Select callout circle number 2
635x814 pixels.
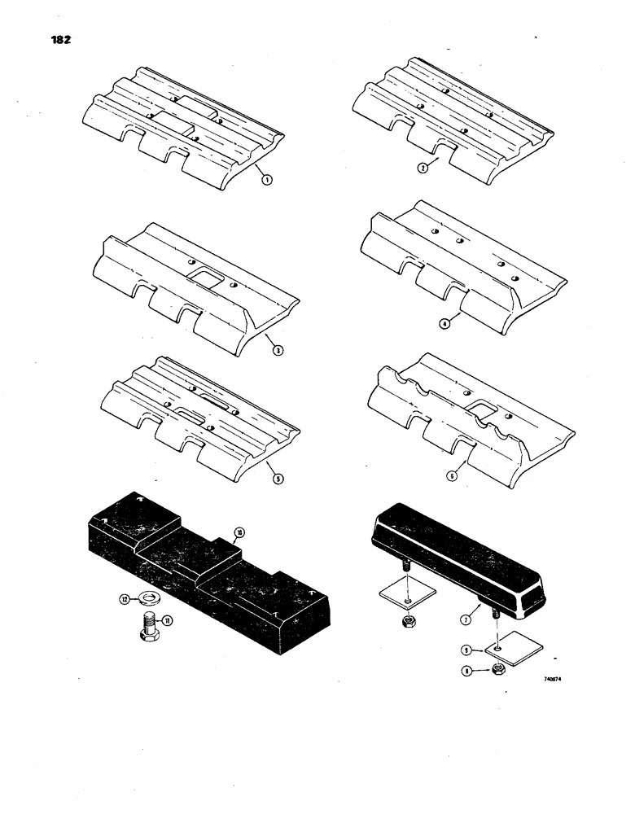coord(423,168)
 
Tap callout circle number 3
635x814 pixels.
coord(278,351)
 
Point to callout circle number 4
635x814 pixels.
coord(444,324)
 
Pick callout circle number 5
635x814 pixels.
coord(278,480)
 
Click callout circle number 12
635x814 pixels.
coord(125,599)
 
